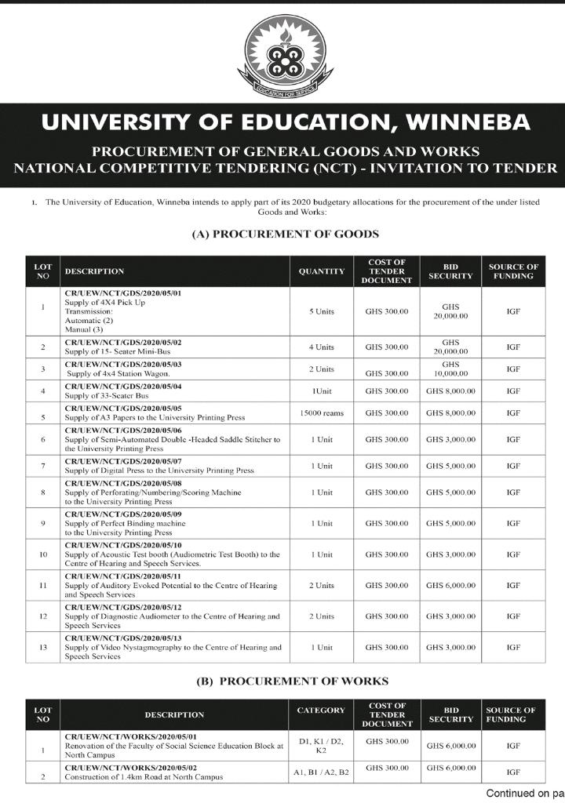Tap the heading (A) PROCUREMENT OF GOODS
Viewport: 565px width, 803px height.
[286, 234]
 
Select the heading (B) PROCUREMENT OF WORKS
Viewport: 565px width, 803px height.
[292, 681]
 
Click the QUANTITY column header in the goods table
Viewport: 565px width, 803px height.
[322, 271]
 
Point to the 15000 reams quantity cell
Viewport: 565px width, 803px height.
[322, 412]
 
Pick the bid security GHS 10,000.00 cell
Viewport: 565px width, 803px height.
[450, 369]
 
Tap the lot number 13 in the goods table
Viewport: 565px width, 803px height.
[42, 647]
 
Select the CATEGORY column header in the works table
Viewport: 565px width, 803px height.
[321, 710]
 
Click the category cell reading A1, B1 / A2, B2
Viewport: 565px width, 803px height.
[322, 772]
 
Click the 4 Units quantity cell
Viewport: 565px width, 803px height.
[322, 347]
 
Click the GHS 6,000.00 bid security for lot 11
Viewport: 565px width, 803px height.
[450, 585]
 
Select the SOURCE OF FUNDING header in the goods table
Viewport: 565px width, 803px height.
[514, 271]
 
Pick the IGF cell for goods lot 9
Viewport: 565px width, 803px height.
[514, 523]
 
